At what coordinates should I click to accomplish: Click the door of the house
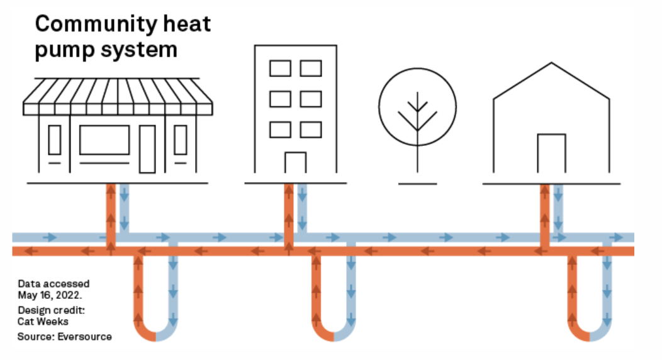[551, 153]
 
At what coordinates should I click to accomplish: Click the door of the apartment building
[295, 162]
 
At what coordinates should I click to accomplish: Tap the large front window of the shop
[104, 140]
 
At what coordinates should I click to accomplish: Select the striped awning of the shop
[118, 97]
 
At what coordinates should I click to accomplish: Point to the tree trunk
[417, 154]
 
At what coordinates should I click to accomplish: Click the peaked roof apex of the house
[552, 63]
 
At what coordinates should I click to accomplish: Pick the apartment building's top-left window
[280, 68]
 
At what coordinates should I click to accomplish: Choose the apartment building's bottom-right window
[311, 129]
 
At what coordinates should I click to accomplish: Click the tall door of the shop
[147, 149]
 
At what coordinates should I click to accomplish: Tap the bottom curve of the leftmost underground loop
[154, 336]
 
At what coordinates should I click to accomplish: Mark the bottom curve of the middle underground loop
[332, 336]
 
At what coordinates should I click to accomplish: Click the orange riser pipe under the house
[544, 211]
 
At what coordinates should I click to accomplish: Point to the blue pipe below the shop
[124, 208]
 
